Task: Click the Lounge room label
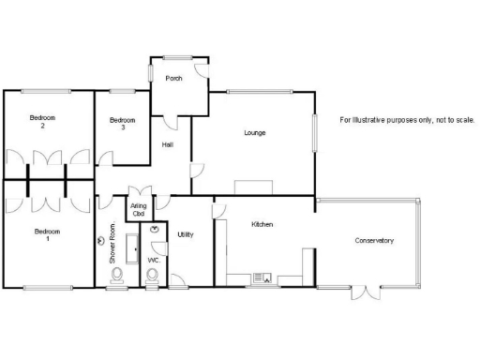[254, 133]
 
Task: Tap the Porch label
[173, 78]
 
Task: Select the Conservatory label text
[374, 241]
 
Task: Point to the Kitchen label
[262, 224]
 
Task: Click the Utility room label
[186, 234]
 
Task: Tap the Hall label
[167, 144]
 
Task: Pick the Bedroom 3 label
[123, 123]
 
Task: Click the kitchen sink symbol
[261, 277]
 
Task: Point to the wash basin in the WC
[154, 229]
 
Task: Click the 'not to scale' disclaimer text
[407, 120]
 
